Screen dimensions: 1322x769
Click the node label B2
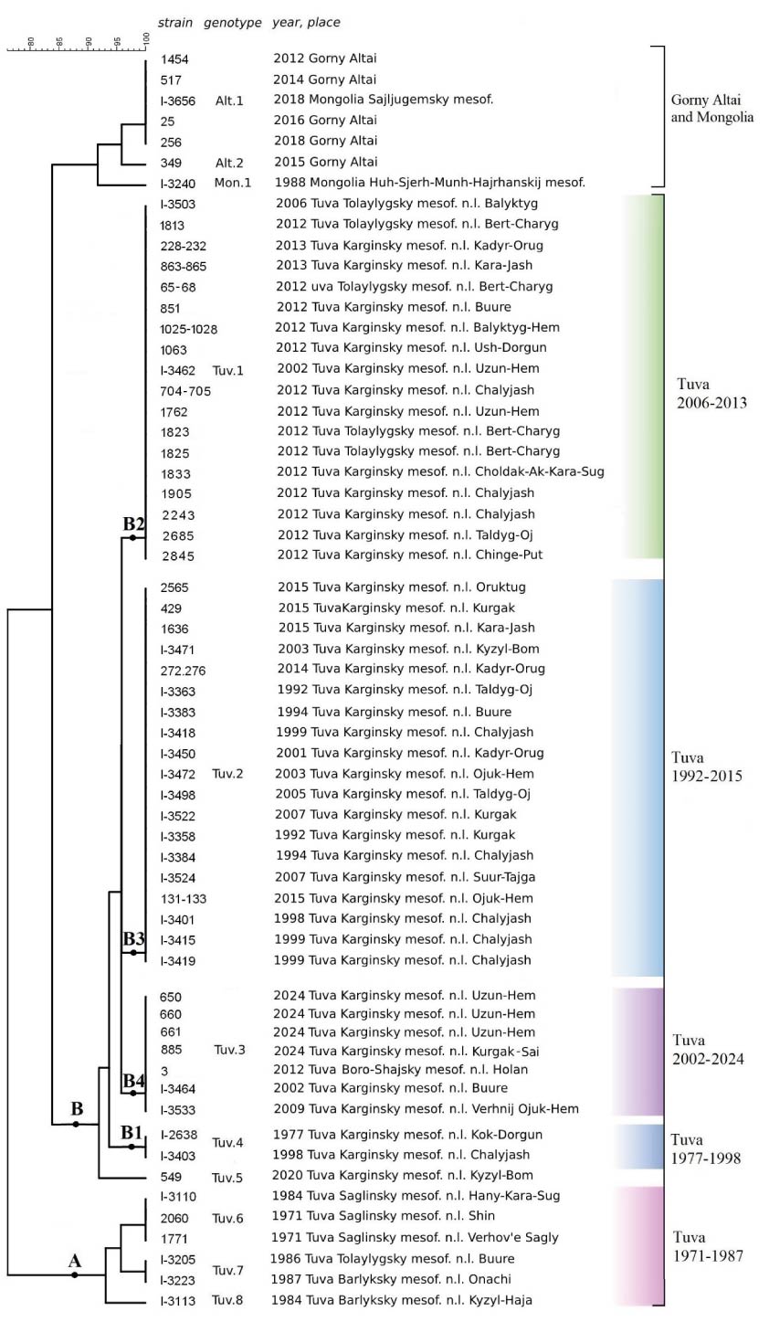[x=134, y=524]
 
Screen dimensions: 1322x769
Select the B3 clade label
[x=134, y=938]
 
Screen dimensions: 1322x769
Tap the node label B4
[x=134, y=1082]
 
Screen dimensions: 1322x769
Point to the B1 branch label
[x=132, y=1133]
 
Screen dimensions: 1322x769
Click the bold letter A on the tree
[x=76, y=1261]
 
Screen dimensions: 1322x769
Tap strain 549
[x=170, y=1176]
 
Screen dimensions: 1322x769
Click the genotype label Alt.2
[x=229, y=162]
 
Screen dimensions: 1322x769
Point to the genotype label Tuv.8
[x=228, y=1300]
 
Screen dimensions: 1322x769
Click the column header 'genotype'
[x=232, y=22]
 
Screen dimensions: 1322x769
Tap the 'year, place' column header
[x=306, y=22]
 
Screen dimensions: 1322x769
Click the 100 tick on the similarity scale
[x=146, y=40]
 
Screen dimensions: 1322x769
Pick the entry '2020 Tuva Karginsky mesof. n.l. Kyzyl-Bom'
[x=403, y=1176]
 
